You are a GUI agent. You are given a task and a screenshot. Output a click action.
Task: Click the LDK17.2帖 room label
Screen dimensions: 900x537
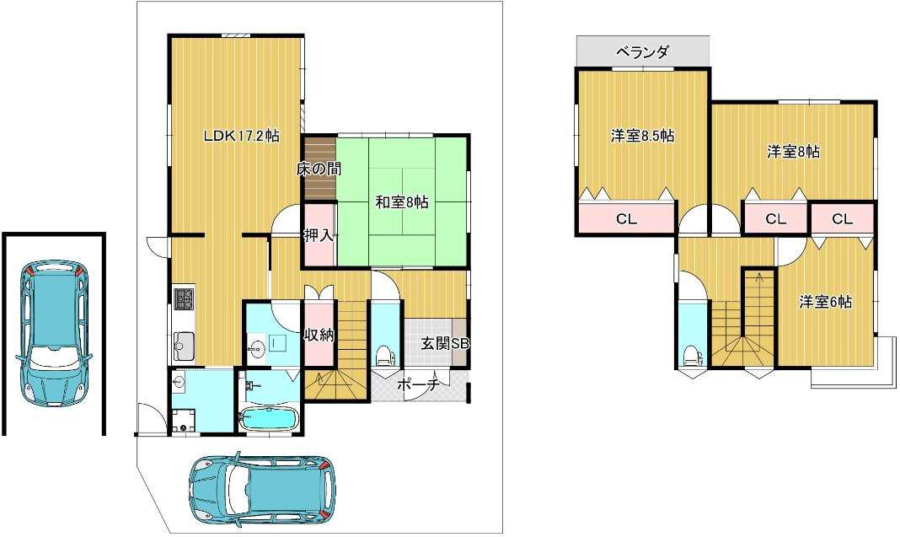[x=242, y=136]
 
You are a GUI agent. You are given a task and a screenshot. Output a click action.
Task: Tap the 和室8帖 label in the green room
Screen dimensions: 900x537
[x=402, y=202]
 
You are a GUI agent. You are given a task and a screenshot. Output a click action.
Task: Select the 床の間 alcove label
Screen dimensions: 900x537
[x=319, y=169]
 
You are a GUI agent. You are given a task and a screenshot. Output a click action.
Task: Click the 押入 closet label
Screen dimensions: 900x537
[x=319, y=235]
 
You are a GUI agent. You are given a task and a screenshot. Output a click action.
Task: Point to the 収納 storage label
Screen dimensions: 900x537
[x=319, y=335]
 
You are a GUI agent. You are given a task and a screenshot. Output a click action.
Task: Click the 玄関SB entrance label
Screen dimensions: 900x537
[x=446, y=343]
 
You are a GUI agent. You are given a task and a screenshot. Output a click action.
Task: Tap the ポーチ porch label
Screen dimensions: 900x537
[x=418, y=384]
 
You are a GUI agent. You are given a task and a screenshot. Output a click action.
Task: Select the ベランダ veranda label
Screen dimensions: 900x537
[x=642, y=52]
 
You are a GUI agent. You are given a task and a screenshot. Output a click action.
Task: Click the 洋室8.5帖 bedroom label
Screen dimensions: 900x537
[x=642, y=136]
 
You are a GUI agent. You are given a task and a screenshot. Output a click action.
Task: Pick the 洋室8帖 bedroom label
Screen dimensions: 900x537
[x=794, y=153]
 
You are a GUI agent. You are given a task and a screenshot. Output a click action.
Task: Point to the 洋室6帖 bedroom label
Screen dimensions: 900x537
[x=825, y=302]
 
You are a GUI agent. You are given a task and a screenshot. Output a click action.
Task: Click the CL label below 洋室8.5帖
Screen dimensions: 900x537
[x=626, y=219]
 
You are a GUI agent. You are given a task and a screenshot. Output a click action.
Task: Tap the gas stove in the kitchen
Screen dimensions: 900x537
[x=185, y=298]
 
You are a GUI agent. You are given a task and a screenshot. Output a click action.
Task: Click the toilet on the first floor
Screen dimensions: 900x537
[x=384, y=356]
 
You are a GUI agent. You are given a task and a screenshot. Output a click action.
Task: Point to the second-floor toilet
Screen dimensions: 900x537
[x=693, y=355]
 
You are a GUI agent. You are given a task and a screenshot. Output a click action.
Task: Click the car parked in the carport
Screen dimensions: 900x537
[x=53, y=334]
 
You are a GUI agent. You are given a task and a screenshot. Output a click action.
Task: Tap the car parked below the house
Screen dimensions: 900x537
[x=262, y=486]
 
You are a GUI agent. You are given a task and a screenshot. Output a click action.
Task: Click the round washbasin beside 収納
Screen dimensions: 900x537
[x=256, y=347]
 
